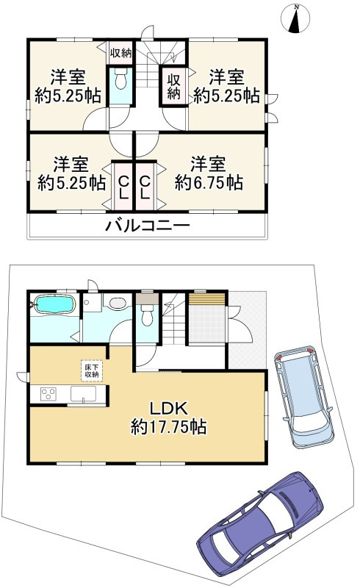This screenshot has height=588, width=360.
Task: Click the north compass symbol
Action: [x=296, y=20]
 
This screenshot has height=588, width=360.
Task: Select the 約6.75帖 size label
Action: [x=209, y=182]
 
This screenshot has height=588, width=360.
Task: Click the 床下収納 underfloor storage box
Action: [x=90, y=370]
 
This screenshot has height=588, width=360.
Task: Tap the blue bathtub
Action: [x=53, y=305]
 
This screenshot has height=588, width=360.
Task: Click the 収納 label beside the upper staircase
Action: [x=173, y=86]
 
